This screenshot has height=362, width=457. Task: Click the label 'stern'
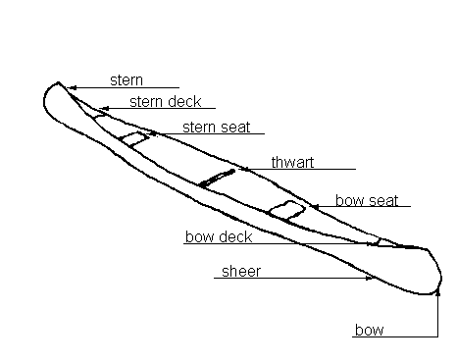[127, 80]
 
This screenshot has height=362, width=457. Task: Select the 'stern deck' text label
[166, 102]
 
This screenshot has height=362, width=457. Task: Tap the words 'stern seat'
[217, 128]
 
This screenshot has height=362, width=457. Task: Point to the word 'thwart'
[292, 162]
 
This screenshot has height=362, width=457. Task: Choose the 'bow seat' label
[367, 200]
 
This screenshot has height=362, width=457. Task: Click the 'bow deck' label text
[219, 236]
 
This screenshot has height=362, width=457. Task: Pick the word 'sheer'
[241, 272]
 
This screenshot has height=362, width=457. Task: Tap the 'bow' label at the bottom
[370, 330]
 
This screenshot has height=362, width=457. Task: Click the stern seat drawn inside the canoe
[133, 139]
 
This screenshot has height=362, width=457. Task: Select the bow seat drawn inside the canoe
[287, 210]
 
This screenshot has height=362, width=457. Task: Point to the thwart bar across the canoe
[217, 179]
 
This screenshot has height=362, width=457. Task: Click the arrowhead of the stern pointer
[73, 87]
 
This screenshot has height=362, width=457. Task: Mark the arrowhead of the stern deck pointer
[104, 108]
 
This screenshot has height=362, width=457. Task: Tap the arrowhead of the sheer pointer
[370, 278]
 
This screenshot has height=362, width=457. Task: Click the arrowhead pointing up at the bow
[438, 292]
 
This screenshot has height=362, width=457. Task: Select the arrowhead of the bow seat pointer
[315, 206]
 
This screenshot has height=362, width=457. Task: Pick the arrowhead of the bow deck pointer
[370, 243]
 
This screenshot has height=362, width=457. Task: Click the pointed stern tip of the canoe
[59, 82]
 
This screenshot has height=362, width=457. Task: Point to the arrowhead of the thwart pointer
[246, 169]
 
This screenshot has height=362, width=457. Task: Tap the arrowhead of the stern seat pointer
[154, 133]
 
